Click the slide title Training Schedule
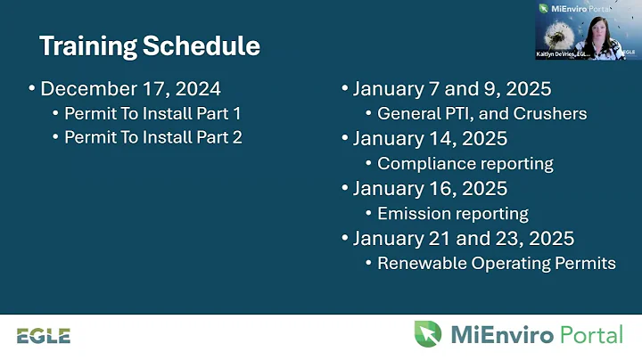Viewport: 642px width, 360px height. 150,45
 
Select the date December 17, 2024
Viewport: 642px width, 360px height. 130,89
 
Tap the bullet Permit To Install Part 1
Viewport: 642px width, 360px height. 152,114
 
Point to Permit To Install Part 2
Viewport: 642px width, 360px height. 152,138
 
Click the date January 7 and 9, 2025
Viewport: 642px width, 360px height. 451,89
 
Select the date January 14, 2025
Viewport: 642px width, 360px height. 430,139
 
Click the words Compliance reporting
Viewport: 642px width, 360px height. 465,164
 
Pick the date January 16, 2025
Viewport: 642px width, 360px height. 430,189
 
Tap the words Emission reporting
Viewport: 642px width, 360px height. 452,214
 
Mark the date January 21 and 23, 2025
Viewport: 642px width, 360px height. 463,239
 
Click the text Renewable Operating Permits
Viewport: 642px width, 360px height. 496,264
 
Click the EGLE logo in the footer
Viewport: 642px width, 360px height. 43,336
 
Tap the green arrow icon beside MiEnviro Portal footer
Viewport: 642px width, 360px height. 427,334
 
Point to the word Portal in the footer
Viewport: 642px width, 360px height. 591,335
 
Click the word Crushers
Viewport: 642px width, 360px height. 556,114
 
